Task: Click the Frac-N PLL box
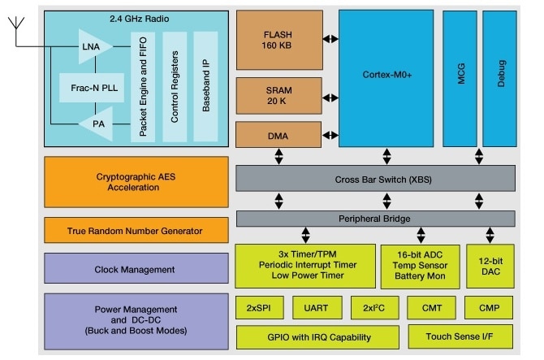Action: [92, 86]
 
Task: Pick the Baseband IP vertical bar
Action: [206, 85]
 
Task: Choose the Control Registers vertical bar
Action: [175, 85]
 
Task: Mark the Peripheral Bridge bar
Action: [374, 219]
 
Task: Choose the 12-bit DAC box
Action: [490, 265]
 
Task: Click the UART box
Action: [316, 308]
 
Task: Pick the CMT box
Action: [431, 308]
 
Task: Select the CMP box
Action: [490, 308]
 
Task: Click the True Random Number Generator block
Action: [136, 232]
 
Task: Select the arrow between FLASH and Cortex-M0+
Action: [328, 38]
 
